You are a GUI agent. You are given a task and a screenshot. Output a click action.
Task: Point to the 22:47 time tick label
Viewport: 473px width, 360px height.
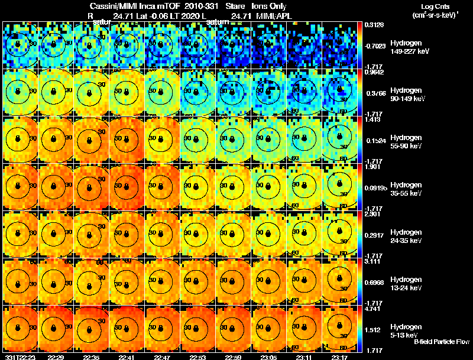162,357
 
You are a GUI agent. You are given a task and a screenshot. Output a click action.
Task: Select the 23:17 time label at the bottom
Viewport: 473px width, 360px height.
339,357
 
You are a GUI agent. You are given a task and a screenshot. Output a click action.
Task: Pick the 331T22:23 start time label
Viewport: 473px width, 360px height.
18,357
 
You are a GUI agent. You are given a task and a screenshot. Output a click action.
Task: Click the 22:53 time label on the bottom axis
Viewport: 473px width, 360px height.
198,357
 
